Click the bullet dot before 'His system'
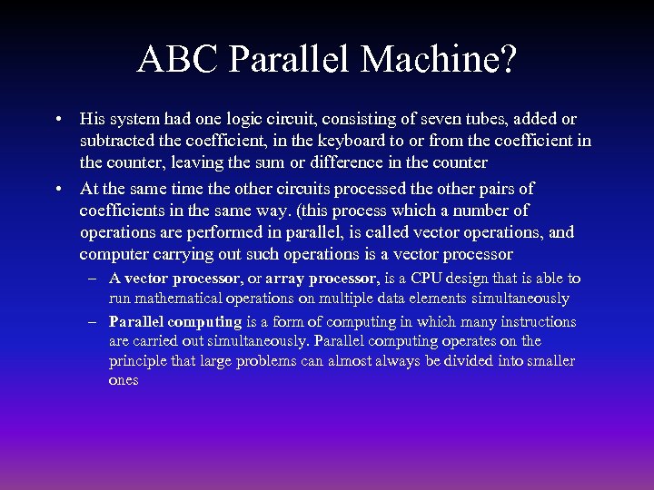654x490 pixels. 57,119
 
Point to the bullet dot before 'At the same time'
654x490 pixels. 57,189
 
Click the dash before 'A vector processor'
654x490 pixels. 94,279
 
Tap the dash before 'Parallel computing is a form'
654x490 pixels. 94,322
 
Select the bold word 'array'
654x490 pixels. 285,279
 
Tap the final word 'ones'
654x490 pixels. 124,381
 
